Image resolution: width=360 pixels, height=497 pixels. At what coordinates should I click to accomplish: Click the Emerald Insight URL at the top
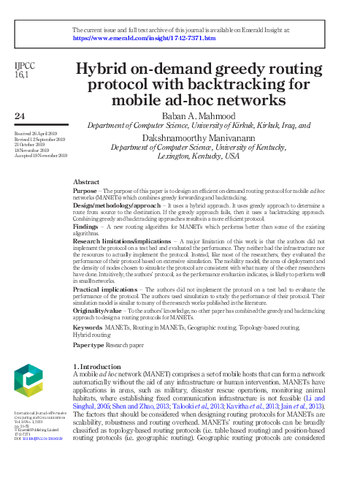(143, 37)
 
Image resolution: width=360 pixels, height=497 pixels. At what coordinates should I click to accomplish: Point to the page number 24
(21, 115)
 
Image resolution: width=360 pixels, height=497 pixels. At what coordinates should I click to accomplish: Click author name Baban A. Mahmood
(199, 115)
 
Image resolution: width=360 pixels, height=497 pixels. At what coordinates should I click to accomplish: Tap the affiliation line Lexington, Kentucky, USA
(199, 156)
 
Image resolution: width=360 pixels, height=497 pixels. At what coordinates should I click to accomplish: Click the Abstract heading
(86, 181)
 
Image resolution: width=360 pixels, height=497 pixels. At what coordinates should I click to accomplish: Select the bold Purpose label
(85, 189)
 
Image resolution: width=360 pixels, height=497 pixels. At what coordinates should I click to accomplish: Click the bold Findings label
(87, 227)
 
